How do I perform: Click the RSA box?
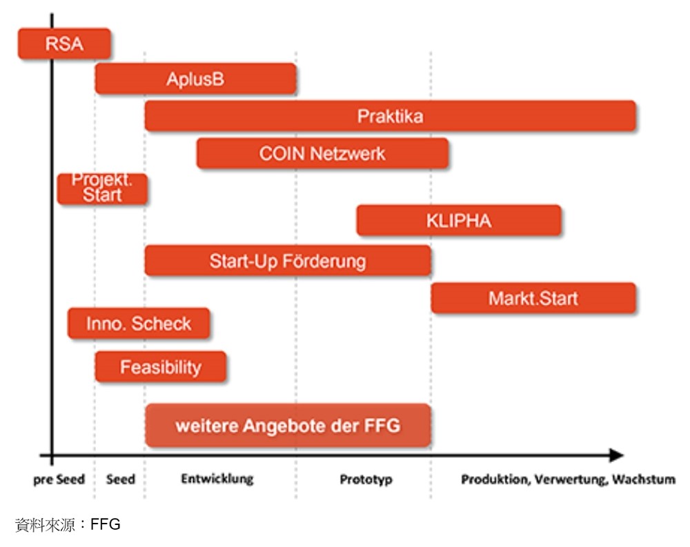pyautogui.click(x=64, y=44)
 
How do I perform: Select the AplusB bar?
pyautogui.click(x=195, y=79)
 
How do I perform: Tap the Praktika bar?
pyautogui.click(x=390, y=116)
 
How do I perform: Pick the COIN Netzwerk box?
pyautogui.click(x=322, y=153)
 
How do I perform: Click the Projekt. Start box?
pyautogui.click(x=102, y=188)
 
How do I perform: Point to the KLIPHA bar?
pyautogui.click(x=459, y=221)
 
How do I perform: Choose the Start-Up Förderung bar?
pyautogui.click(x=288, y=261)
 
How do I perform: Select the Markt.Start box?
pyautogui.click(x=533, y=299)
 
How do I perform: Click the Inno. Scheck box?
pyautogui.click(x=139, y=324)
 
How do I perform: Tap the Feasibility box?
pyautogui.click(x=161, y=367)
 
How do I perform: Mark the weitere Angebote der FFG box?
pyautogui.click(x=288, y=426)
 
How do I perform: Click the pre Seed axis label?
pyautogui.click(x=59, y=479)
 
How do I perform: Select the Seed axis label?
pyautogui.click(x=121, y=479)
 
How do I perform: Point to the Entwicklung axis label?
pyautogui.click(x=217, y=479)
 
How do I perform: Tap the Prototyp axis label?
pyautogui.click(x=366, y=479)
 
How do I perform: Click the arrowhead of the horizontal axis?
pyautogui.click(x=615, y=455)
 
